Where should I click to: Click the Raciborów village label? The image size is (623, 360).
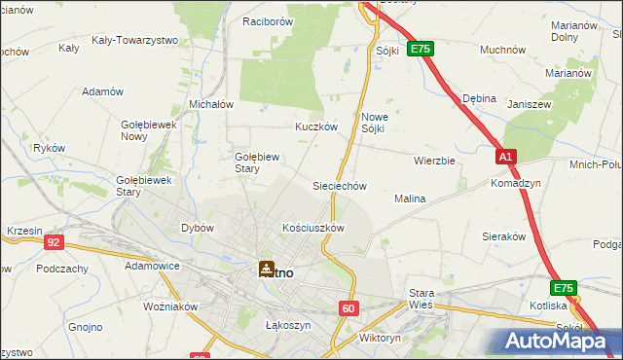[269, 20]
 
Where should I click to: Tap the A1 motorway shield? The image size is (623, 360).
[504, 157]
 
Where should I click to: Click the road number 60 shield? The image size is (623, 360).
[349, 308]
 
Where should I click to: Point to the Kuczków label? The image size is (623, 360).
[316, 126]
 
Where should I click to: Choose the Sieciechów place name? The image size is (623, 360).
[339, 185]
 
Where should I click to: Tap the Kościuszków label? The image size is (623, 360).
[313, 228]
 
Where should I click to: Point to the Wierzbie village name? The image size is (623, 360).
[434, 161]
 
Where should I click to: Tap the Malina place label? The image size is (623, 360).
[410, 198]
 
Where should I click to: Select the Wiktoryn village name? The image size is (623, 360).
[380, 339]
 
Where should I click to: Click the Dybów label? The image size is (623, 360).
[197, 228]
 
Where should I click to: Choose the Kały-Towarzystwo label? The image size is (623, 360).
[134, 40]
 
